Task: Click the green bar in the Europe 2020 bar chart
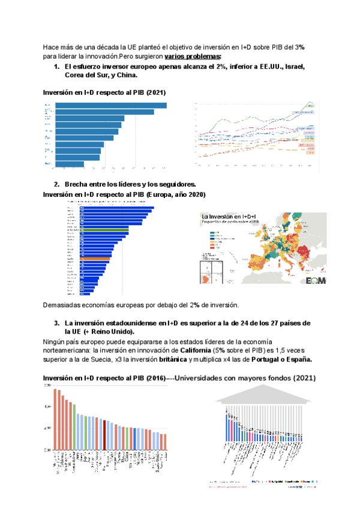[x=106, y=230]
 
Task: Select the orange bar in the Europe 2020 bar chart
[x=95, y=258]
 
